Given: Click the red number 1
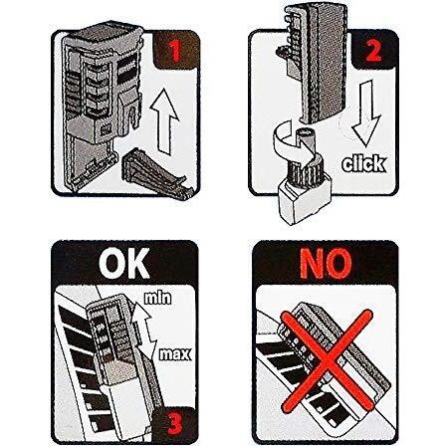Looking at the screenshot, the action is (x=175, y=51).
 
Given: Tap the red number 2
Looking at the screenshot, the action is (x=373, y=50).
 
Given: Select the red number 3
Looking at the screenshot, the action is (x=175, y=422).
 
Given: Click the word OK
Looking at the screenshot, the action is (x=124, y=263).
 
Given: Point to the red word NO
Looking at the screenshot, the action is (x=326, y=263).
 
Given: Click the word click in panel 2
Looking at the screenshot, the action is (x=364, y=163).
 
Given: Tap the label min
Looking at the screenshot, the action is (x=157, y=298).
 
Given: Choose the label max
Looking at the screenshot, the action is (x=175, y=354).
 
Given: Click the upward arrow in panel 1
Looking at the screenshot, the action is (x=164, y=121).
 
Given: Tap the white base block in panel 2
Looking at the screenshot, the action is (x=303, y=201).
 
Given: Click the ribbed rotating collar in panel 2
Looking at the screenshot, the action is (x=303, y=168).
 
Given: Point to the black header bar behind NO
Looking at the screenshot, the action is (x=325, y=263).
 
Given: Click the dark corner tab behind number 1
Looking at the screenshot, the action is (x=176, y=51).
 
